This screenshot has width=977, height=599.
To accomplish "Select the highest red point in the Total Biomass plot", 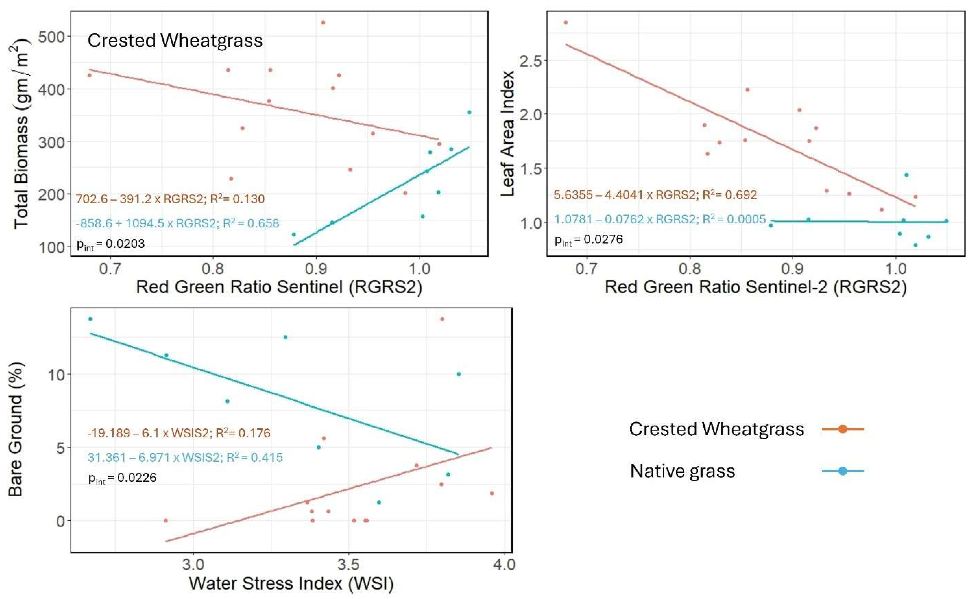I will (323, 23).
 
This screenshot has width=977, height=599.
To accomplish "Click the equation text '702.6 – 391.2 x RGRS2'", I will (139, 199).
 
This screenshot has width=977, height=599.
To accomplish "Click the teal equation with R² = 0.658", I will (177, 223).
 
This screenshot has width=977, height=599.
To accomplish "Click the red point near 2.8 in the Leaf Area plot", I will (566, 23).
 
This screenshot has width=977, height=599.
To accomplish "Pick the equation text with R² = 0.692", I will (655, 195).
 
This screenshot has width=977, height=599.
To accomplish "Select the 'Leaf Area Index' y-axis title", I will (508, 134).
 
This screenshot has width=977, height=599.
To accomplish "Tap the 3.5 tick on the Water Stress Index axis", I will (348, 564).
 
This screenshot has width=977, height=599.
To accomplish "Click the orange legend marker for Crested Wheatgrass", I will (842, 429).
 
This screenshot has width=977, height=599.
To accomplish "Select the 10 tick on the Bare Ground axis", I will (56, 375).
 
